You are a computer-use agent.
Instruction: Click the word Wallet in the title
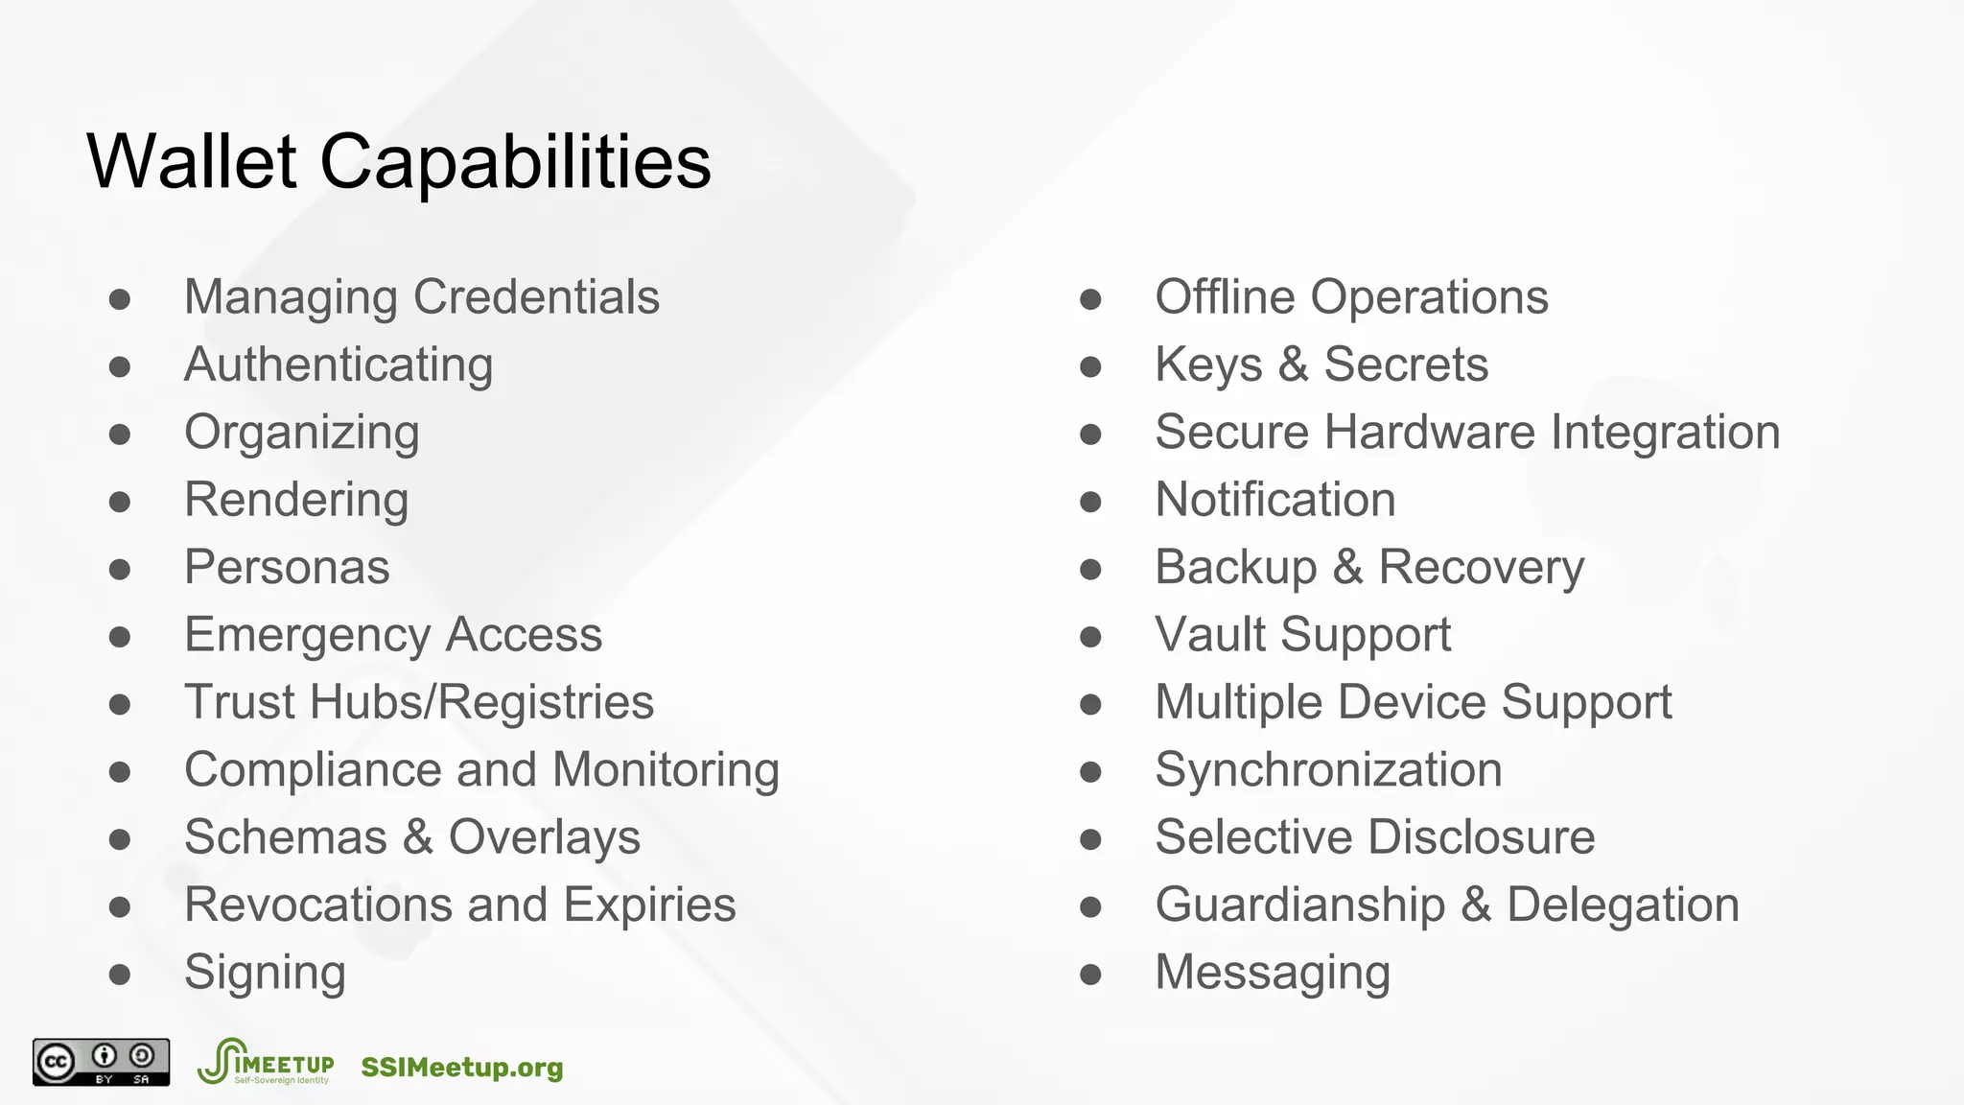(x=192, y=161)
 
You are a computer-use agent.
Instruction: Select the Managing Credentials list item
(x=421, y=297)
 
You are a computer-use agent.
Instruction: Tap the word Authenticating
(x=339, y=365)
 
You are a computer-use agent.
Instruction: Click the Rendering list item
(x=296, y=500)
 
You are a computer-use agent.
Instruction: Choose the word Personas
(x=287, y=567)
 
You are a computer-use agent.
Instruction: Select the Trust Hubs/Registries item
(x=419, y=702)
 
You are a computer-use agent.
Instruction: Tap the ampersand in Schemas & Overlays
(x=417, y=836)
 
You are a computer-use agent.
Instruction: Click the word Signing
(x=265, y=974)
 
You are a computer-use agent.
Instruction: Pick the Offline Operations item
(x=1351, y=297)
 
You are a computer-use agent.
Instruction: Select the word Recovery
(x=1481, y=568)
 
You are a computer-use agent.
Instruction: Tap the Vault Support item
(x=1302, y=635)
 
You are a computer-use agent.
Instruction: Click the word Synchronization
(x=1328, y=770)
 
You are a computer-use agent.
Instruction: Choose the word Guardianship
(x=1299, y=905)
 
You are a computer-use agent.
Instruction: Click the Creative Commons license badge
(x=102, y=1062)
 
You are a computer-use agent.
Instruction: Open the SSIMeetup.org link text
(x=462, y=1068)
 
